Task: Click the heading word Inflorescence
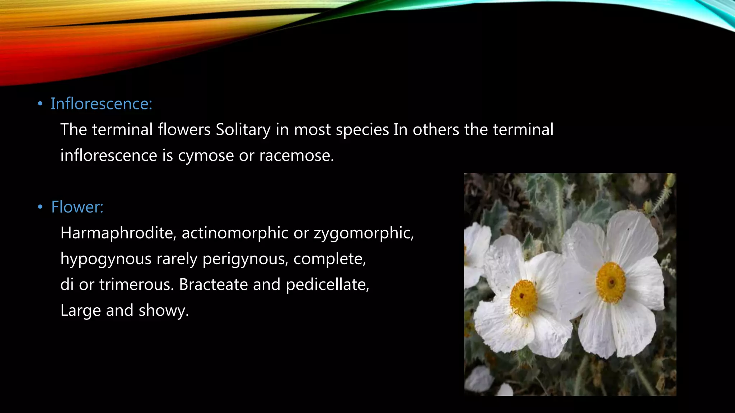point(101,104)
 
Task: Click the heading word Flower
point(77,207)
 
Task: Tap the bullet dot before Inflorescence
point(40,104)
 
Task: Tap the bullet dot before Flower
point(40,207)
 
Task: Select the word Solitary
point(243,129)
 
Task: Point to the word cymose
point(206,156)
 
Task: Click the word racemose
point(296,156)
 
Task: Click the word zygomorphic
point(364,233)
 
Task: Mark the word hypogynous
point(106,259)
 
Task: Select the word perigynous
point(245,259)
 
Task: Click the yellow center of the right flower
point(611,283)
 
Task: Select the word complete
point(329,259)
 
